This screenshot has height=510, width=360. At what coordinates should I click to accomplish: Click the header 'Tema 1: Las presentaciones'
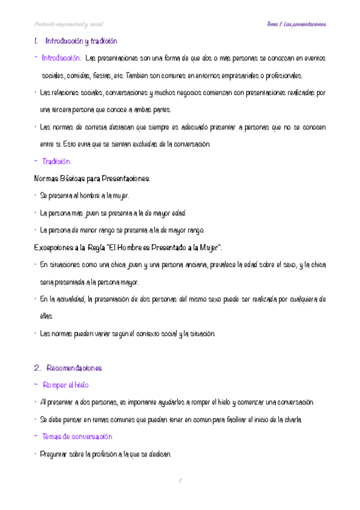pyautogui.click(x=296, y=24)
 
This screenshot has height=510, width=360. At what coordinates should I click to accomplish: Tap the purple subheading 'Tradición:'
pyautogui.click(x=57, y=162)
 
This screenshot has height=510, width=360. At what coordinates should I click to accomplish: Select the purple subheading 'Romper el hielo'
pyautogui.click(x=66, y=385)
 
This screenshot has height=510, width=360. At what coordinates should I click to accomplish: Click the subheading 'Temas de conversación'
pyautogui.click(x=78, y=437)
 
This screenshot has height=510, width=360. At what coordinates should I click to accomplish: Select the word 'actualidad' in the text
pyautogui.click(x=70, y=300)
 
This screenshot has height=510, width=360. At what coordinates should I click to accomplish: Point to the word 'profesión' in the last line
pyautogui.click(x=106, y=455)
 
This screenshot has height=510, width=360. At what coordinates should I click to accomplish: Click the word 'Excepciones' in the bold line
pyautogui.click(x=55, y=248)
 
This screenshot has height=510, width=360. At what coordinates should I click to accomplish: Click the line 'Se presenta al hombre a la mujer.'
pyautogui.click(x=84, y=196)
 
